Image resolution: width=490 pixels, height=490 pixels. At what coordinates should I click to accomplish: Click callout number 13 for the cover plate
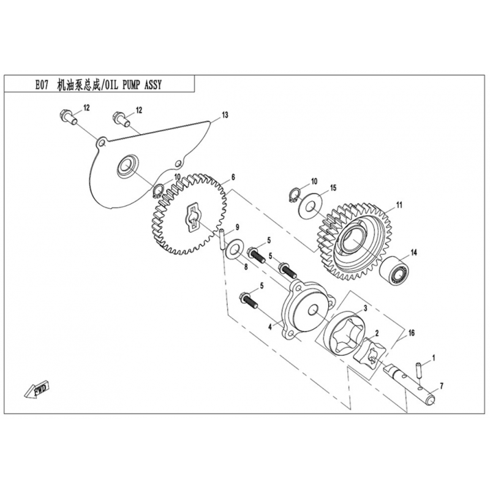[x=225, y=115]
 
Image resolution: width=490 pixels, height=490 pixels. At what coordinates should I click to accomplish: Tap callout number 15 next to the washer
[x=333, y=187]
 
